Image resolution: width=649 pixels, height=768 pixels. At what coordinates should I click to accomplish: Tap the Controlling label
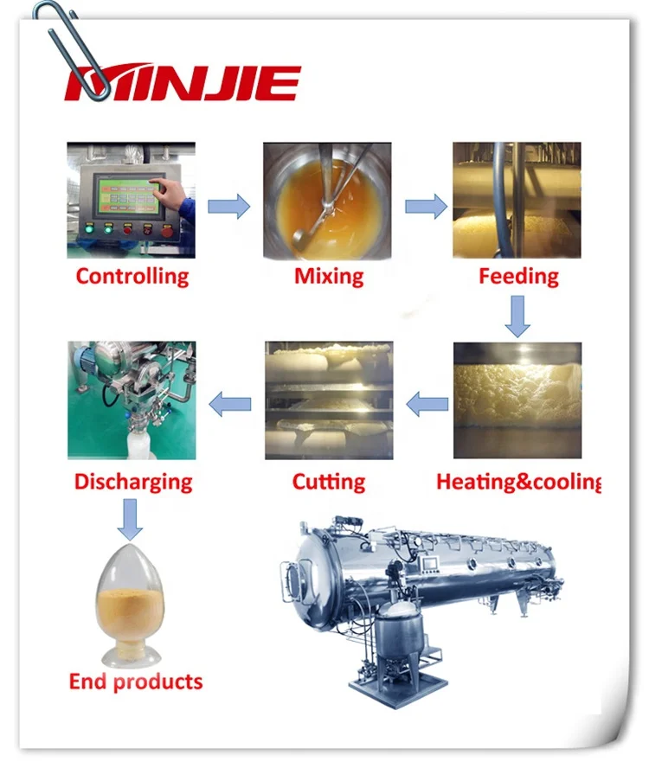[x=132, y=277]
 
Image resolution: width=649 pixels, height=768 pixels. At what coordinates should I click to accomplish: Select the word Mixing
[x=329, y=277]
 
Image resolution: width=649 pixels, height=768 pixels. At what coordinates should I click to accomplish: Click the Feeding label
[x=518, y=277]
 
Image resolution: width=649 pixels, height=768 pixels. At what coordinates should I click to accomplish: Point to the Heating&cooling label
[x=517, y=482]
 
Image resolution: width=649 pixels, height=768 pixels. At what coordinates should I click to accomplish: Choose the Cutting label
[x=329, y=482]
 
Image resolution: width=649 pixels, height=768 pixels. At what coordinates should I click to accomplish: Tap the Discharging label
[x=133, y=482]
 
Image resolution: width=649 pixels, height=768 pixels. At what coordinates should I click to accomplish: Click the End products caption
[x=136, y=682]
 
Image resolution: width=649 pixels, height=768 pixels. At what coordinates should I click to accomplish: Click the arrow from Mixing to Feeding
[x=426, y=207]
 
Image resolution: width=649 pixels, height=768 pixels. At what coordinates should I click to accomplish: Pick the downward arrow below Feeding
[x=517, y=316]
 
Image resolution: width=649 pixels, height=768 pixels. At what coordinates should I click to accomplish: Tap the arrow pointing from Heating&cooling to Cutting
[x=427, y=402]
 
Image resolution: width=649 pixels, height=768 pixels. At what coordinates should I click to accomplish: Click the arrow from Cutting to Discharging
[x=231, y=402]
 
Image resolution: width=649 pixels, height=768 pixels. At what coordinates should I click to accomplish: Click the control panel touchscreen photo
[x=132, y=200]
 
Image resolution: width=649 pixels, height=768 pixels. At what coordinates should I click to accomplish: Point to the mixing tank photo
[x=328, y=200]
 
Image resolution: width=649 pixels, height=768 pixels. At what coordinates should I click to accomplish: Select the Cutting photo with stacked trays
[x=329, y=400]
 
